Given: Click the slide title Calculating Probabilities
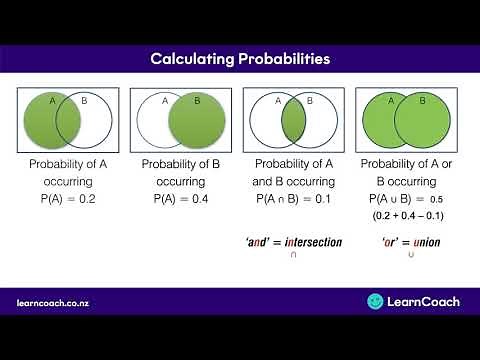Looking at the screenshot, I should click(240, 59).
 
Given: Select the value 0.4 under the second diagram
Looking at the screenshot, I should click(202, 199).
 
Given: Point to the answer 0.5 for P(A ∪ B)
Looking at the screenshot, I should click(437, 200).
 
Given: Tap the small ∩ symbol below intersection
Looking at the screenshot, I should click(293, 256).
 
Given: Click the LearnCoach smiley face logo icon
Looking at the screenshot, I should click(376, 300).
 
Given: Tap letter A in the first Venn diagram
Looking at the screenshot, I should click(54, 101).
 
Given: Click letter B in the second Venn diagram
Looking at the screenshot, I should click(197, 101).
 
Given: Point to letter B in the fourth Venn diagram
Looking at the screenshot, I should click(423, 101).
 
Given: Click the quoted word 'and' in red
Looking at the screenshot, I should click(263, 242).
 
